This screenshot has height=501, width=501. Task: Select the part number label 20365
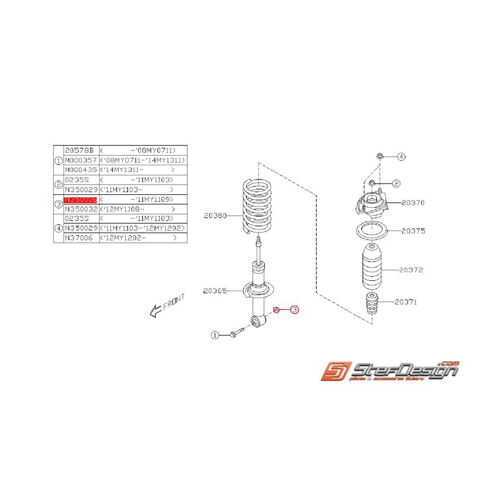215,291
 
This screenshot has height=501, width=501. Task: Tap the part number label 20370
413,203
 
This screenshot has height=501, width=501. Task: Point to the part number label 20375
413,231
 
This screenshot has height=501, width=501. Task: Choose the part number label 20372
411,270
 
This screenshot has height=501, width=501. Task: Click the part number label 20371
406,302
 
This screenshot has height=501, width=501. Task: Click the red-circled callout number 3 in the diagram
294,309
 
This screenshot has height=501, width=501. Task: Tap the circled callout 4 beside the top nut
401,157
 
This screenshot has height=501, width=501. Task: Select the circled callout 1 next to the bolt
215,335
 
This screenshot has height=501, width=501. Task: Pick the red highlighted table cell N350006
80,199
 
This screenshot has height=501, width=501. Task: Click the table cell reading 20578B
79,150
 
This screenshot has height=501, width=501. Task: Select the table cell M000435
80,170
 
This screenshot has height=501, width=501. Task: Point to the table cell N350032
80,209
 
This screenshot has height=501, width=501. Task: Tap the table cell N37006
79,238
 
